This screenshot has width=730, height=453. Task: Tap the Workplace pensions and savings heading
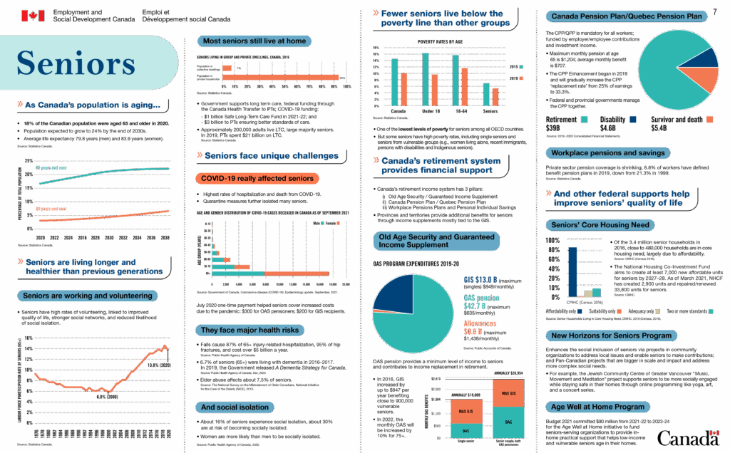pos(607,152)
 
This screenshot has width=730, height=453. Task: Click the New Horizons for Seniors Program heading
pos(612,335)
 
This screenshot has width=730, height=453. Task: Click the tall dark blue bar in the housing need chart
pos(572,271)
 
